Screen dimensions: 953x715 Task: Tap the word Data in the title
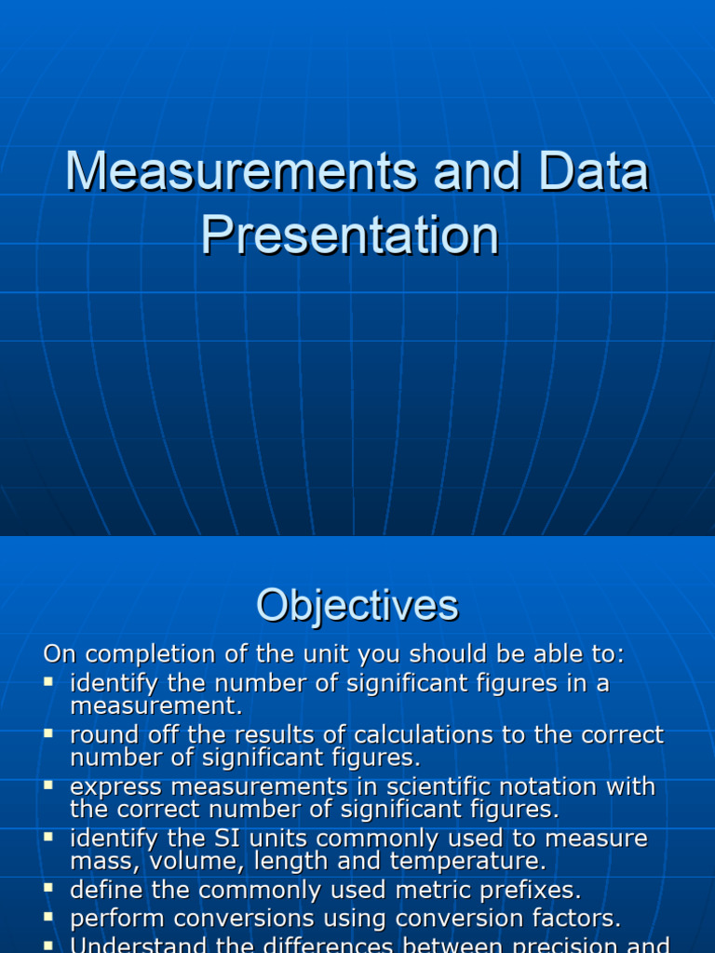[593, 172]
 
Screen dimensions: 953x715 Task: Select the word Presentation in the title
[350, 235]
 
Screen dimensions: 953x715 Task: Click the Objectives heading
[357, 606]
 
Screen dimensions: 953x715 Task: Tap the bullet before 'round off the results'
[49, 733]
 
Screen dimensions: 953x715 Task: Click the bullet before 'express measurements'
[49, 785]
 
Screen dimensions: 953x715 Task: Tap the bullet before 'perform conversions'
[49, 918]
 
